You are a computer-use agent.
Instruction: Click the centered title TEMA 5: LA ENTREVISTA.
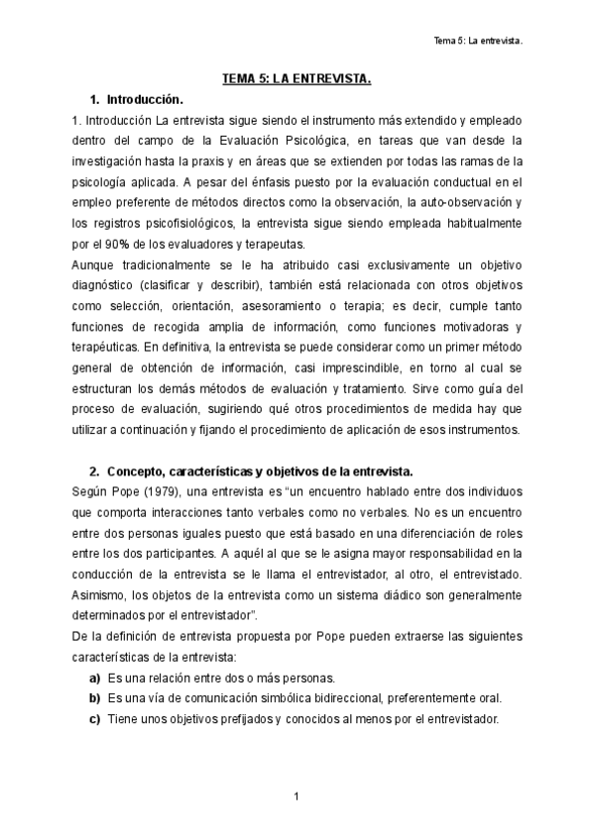tap(297, 80)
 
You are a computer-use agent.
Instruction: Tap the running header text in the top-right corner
tap(479, 42)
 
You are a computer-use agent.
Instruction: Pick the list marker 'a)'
tap(95, 678)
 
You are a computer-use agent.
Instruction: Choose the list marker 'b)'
tap(95, 697)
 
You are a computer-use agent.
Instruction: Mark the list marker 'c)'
tap(95, 718)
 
